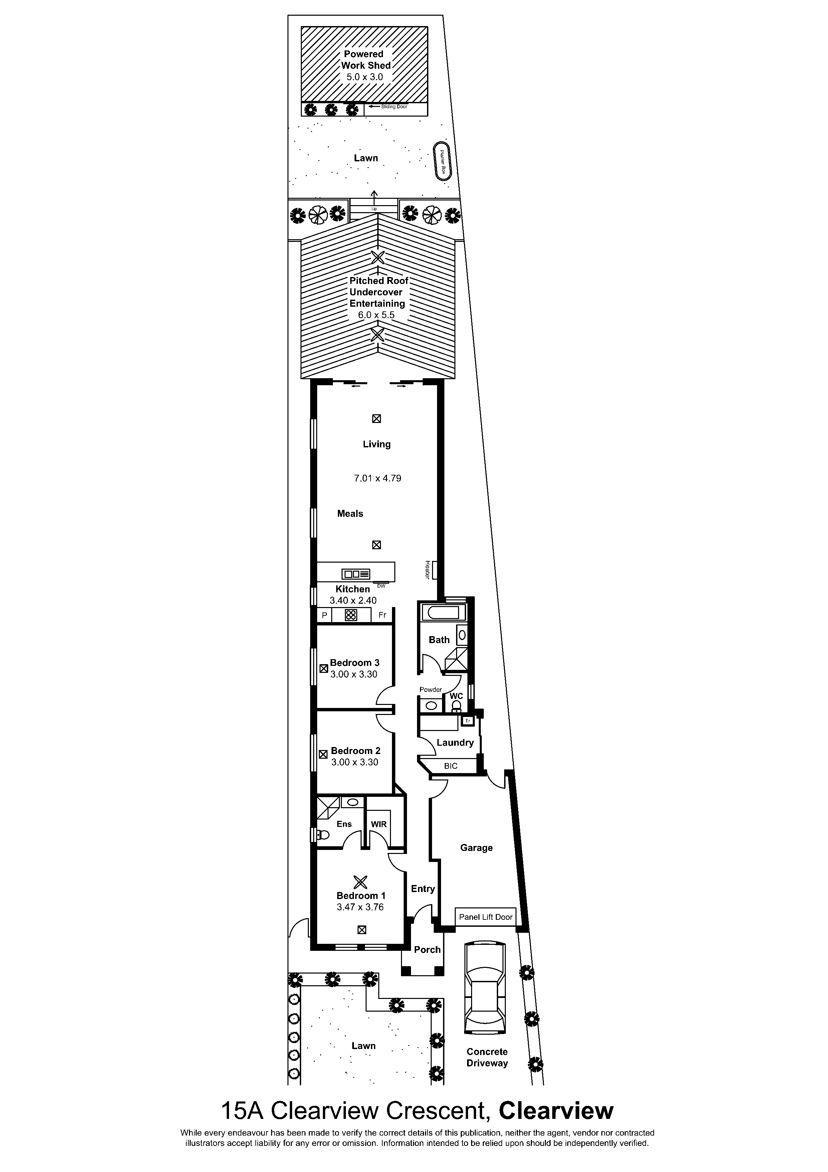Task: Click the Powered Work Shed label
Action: pos(366,60)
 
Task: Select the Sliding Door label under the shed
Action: pos(394,107)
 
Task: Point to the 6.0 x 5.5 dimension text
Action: pos(377,315)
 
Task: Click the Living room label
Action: pos(377,444)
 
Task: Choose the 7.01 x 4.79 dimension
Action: pos(378,478)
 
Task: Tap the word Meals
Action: pos(350,514)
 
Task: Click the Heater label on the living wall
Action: pos(427,570)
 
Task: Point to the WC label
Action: pos(456,696)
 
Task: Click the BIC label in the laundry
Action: pos(451,766)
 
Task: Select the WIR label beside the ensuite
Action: pos(379,824)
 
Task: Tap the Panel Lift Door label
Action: pos(486,917)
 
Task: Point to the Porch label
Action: pos(427,949)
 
